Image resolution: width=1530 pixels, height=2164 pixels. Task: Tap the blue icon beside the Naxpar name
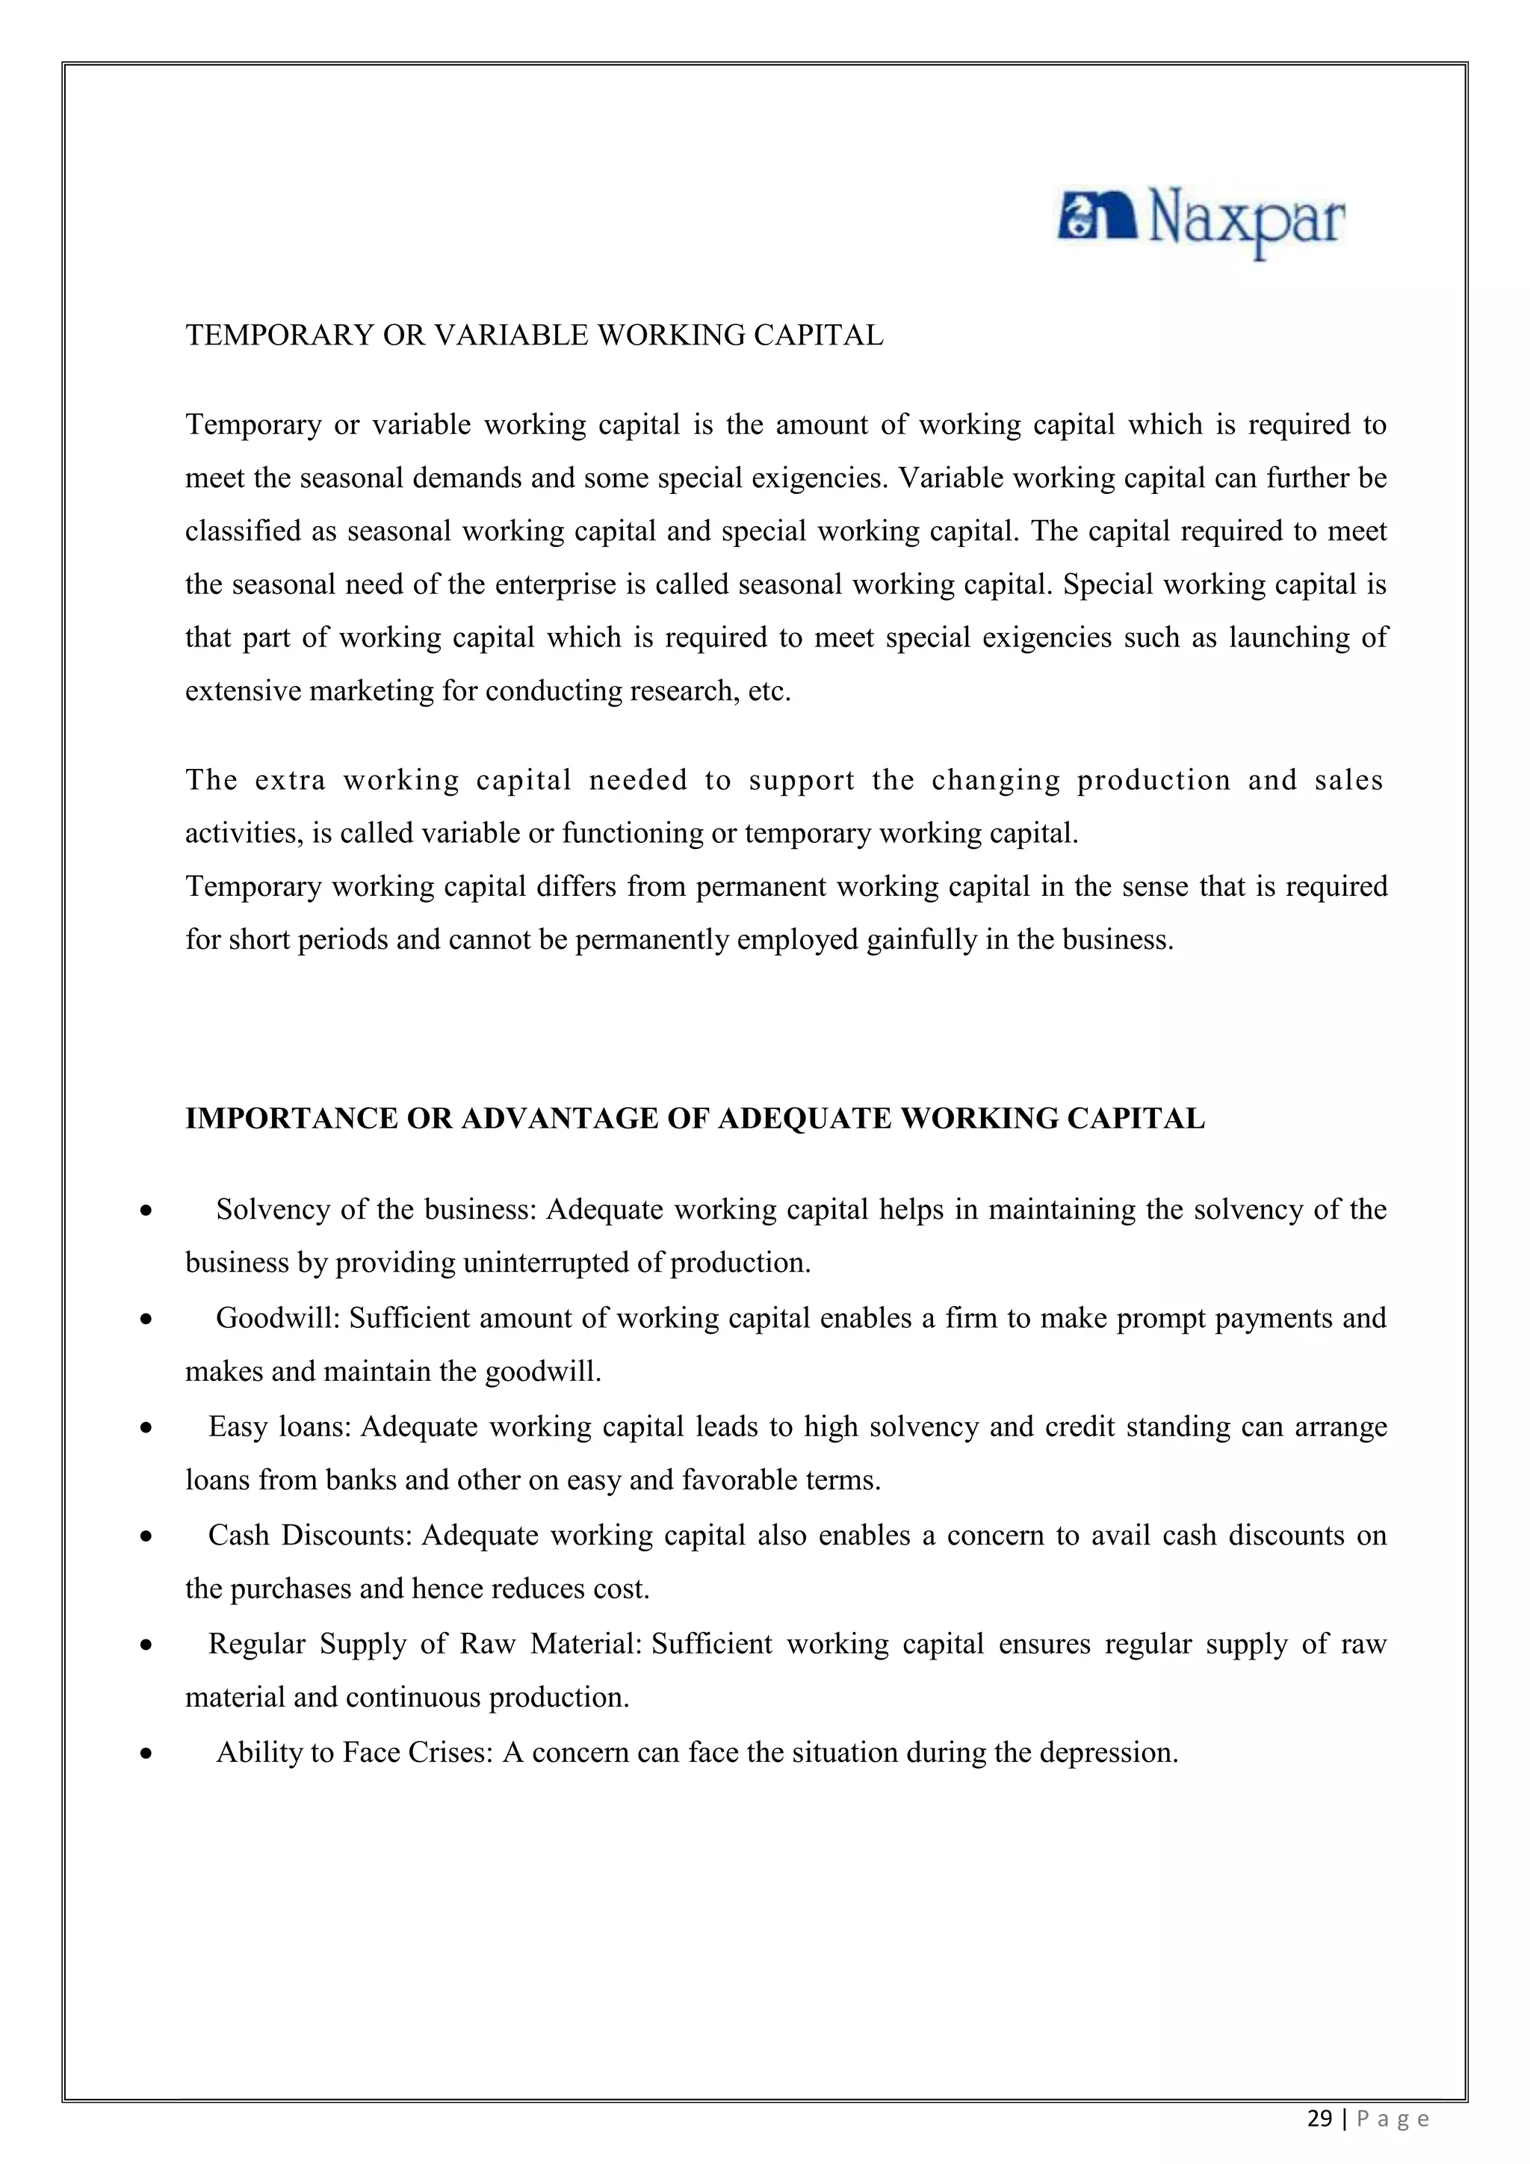1097,217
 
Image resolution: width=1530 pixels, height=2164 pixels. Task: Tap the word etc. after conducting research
769,692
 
